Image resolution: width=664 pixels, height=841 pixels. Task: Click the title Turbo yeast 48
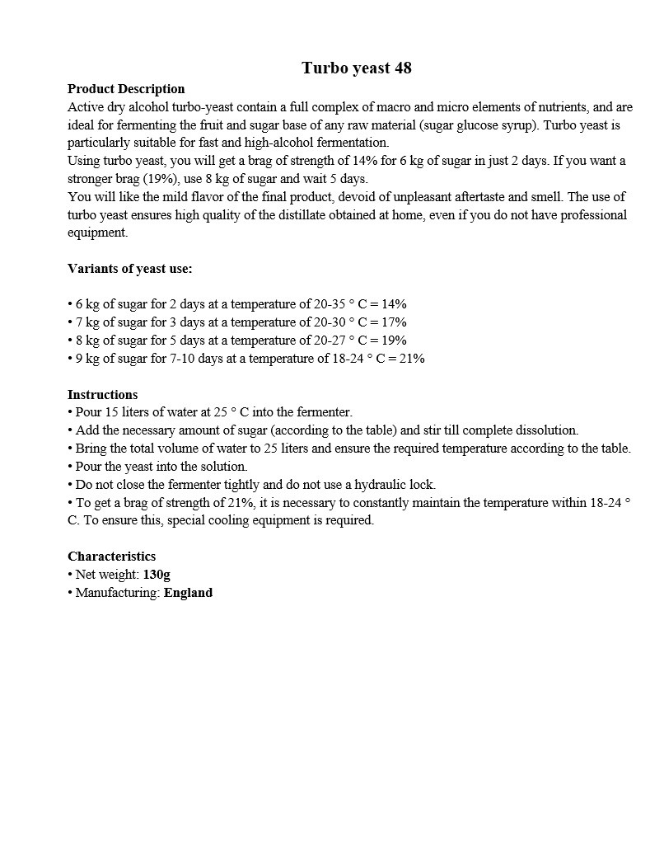pyautogui.click(x=356, y=68)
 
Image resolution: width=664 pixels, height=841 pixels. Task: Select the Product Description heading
pyautogui.click(x=126, y=89)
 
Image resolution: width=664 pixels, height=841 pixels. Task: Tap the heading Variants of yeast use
pyautogui.click(x=129, y=269)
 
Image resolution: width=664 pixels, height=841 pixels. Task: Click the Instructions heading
pyautogui.click(x=102, y=394)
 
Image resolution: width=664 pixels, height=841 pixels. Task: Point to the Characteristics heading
pyautogui.click(x=111, y=557)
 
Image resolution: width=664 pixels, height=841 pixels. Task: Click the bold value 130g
pyautogui.click(x=157, y=575)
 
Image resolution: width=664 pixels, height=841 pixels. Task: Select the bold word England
pyautogui.click(x=188, y=593)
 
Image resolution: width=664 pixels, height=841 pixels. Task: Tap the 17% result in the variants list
pyautogui.click(x=394, y=322)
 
